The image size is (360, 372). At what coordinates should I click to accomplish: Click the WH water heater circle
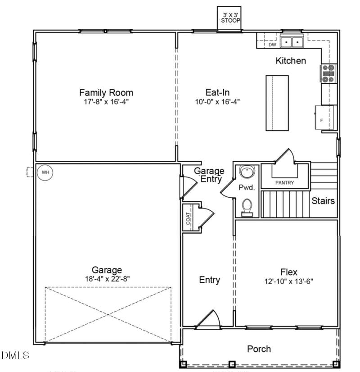tap(45, 172)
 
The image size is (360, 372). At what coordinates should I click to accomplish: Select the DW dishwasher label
tap(272, 45)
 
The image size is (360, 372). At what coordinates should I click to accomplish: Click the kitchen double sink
tap(292, 42)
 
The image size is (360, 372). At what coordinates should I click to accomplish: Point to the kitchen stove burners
tap(328, 73)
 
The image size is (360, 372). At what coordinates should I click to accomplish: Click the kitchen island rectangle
tap(277, 103)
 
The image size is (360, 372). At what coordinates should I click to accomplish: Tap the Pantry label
tap(284, 183)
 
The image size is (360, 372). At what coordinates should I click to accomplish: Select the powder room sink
tap(247, 172)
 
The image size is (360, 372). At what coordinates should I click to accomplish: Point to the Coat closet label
tap(188, 218)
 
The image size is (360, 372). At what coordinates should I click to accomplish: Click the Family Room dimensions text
tap(106, 102)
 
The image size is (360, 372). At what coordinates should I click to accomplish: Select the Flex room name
tap(288, 272)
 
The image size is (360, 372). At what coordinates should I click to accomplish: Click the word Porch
tap(259, 349)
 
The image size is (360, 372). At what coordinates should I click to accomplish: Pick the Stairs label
tap(323, 200)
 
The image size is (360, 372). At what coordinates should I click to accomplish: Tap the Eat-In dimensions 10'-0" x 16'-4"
tap(217, 102)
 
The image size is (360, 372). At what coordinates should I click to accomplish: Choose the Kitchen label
tap(291, 61)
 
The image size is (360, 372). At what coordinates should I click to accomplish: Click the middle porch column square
tap(232, 364)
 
